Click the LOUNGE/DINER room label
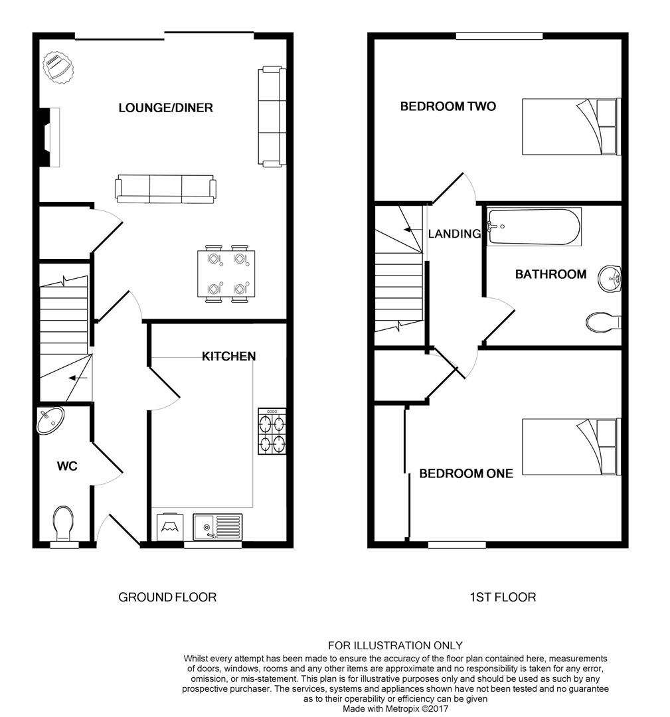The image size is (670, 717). pos(165,108)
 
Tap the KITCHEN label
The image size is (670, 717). pos(228,357)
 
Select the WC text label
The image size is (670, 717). pos(67,466)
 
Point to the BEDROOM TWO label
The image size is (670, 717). pos(448,106)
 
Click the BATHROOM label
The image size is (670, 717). pos(550,274)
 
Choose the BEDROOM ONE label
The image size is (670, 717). pos(465,473)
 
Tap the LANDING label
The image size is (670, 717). pos(454,234)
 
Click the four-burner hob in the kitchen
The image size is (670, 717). pos(272,431)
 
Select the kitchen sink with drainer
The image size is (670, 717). pos(218,527)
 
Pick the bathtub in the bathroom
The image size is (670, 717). pos(534,226)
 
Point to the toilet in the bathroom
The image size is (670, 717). pos(604,323)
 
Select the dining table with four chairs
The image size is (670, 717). pos(226,274)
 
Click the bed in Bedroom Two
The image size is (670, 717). pos(571,126)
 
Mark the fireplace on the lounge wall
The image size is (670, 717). pos(50,137)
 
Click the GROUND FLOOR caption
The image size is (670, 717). pos(167,597)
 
